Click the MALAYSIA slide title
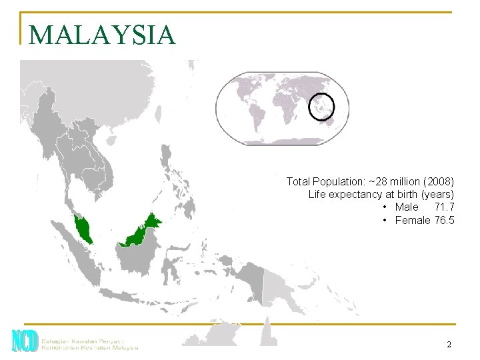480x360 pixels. coord(102,35)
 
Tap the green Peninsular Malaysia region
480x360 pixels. coord(85,229)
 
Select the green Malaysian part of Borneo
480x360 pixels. coord(142,230)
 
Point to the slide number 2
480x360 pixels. coord(449,345)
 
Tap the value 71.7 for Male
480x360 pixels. coord(443,207)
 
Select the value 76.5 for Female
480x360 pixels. coord(443,220)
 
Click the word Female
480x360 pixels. coord(413,220)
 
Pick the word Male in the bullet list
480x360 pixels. coord(406,207)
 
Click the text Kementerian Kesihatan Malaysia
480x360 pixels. coord(90,347)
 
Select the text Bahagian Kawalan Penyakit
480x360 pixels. coord(83,338)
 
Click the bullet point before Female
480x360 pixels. coord(385,220)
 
